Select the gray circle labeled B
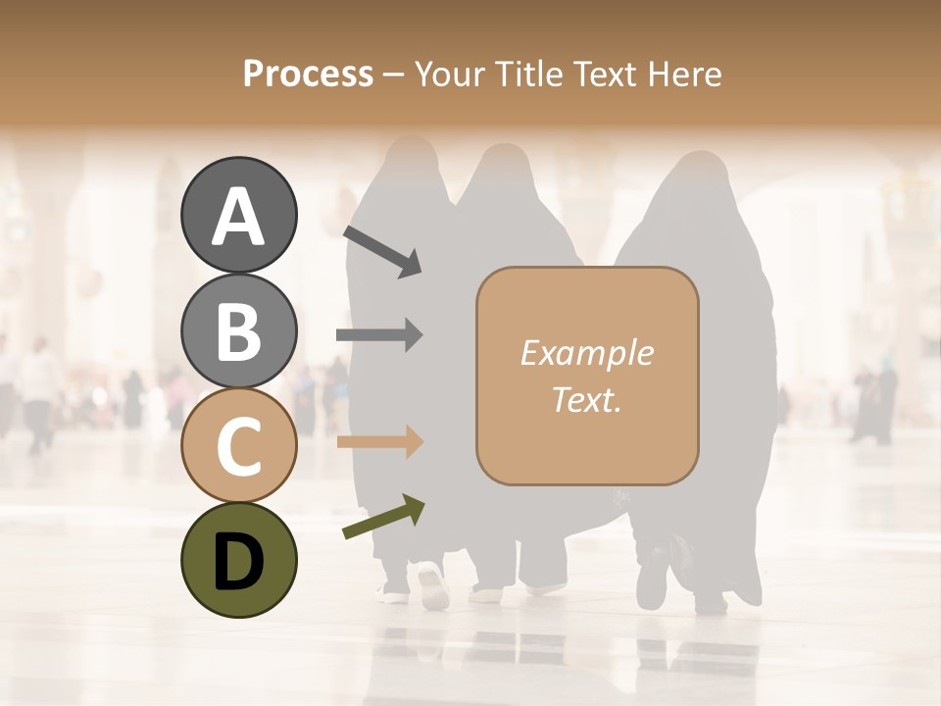238,330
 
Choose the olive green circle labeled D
238,560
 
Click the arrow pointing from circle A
381,250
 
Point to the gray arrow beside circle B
379,335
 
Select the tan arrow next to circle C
379,442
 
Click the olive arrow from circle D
383,518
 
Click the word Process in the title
308,75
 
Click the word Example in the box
586,353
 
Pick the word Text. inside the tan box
586,399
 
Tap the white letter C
238,446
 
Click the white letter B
238,332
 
